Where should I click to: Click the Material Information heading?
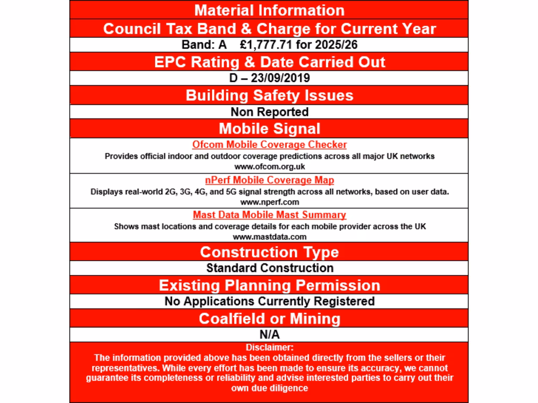(x=269, y=10)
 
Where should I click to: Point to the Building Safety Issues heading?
(x=269, y=96)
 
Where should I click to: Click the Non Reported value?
(x=269, y=112)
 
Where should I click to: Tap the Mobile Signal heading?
(x=269, y=129)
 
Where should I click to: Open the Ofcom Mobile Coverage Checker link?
(x=269, y=145)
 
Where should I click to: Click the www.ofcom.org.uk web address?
(x=269, y=167)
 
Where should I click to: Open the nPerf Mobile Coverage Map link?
(x=269, y=181)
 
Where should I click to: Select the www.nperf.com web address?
(x=269, y=201)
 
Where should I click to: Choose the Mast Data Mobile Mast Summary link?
(x=269, y=215)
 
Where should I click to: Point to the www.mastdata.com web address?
(x=269, y=237)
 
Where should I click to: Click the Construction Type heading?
(x=269, y=252)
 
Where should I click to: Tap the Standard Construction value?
(x=269, y=268)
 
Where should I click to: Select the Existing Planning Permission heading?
(x=269, y=285)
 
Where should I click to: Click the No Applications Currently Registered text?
(x=269, y=301)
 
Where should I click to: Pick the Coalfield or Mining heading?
(x=269, y=319)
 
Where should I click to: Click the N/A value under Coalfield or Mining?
(x=269, y=334)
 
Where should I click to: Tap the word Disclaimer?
(x=269, y=347)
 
